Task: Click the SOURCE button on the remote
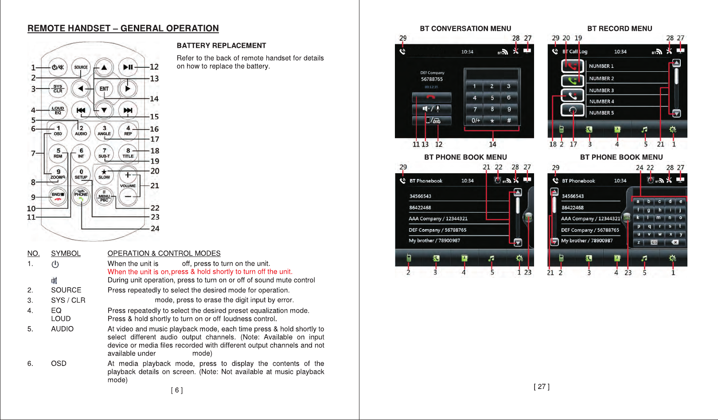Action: pos(81,67)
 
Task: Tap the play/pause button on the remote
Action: pos(128,67)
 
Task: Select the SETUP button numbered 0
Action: pos(81,174)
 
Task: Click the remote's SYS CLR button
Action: pos(58,89)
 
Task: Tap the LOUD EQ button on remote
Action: pos(58,110)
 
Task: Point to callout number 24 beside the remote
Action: pos(155,229)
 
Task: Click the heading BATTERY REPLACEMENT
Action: pos(221,46)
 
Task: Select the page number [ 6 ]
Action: pos(177,390)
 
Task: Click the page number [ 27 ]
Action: pos(542,387)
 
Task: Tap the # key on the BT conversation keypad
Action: pos(509,120)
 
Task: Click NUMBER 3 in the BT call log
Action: pos(601,90)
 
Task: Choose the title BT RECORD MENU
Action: pos(620,29)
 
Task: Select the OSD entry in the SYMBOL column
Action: pos(59,364)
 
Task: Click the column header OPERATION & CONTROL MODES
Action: pos(164,253)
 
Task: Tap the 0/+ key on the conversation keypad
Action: pos(476,120)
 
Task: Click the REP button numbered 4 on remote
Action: pos(128,131)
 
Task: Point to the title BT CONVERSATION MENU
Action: pos(465,29)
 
